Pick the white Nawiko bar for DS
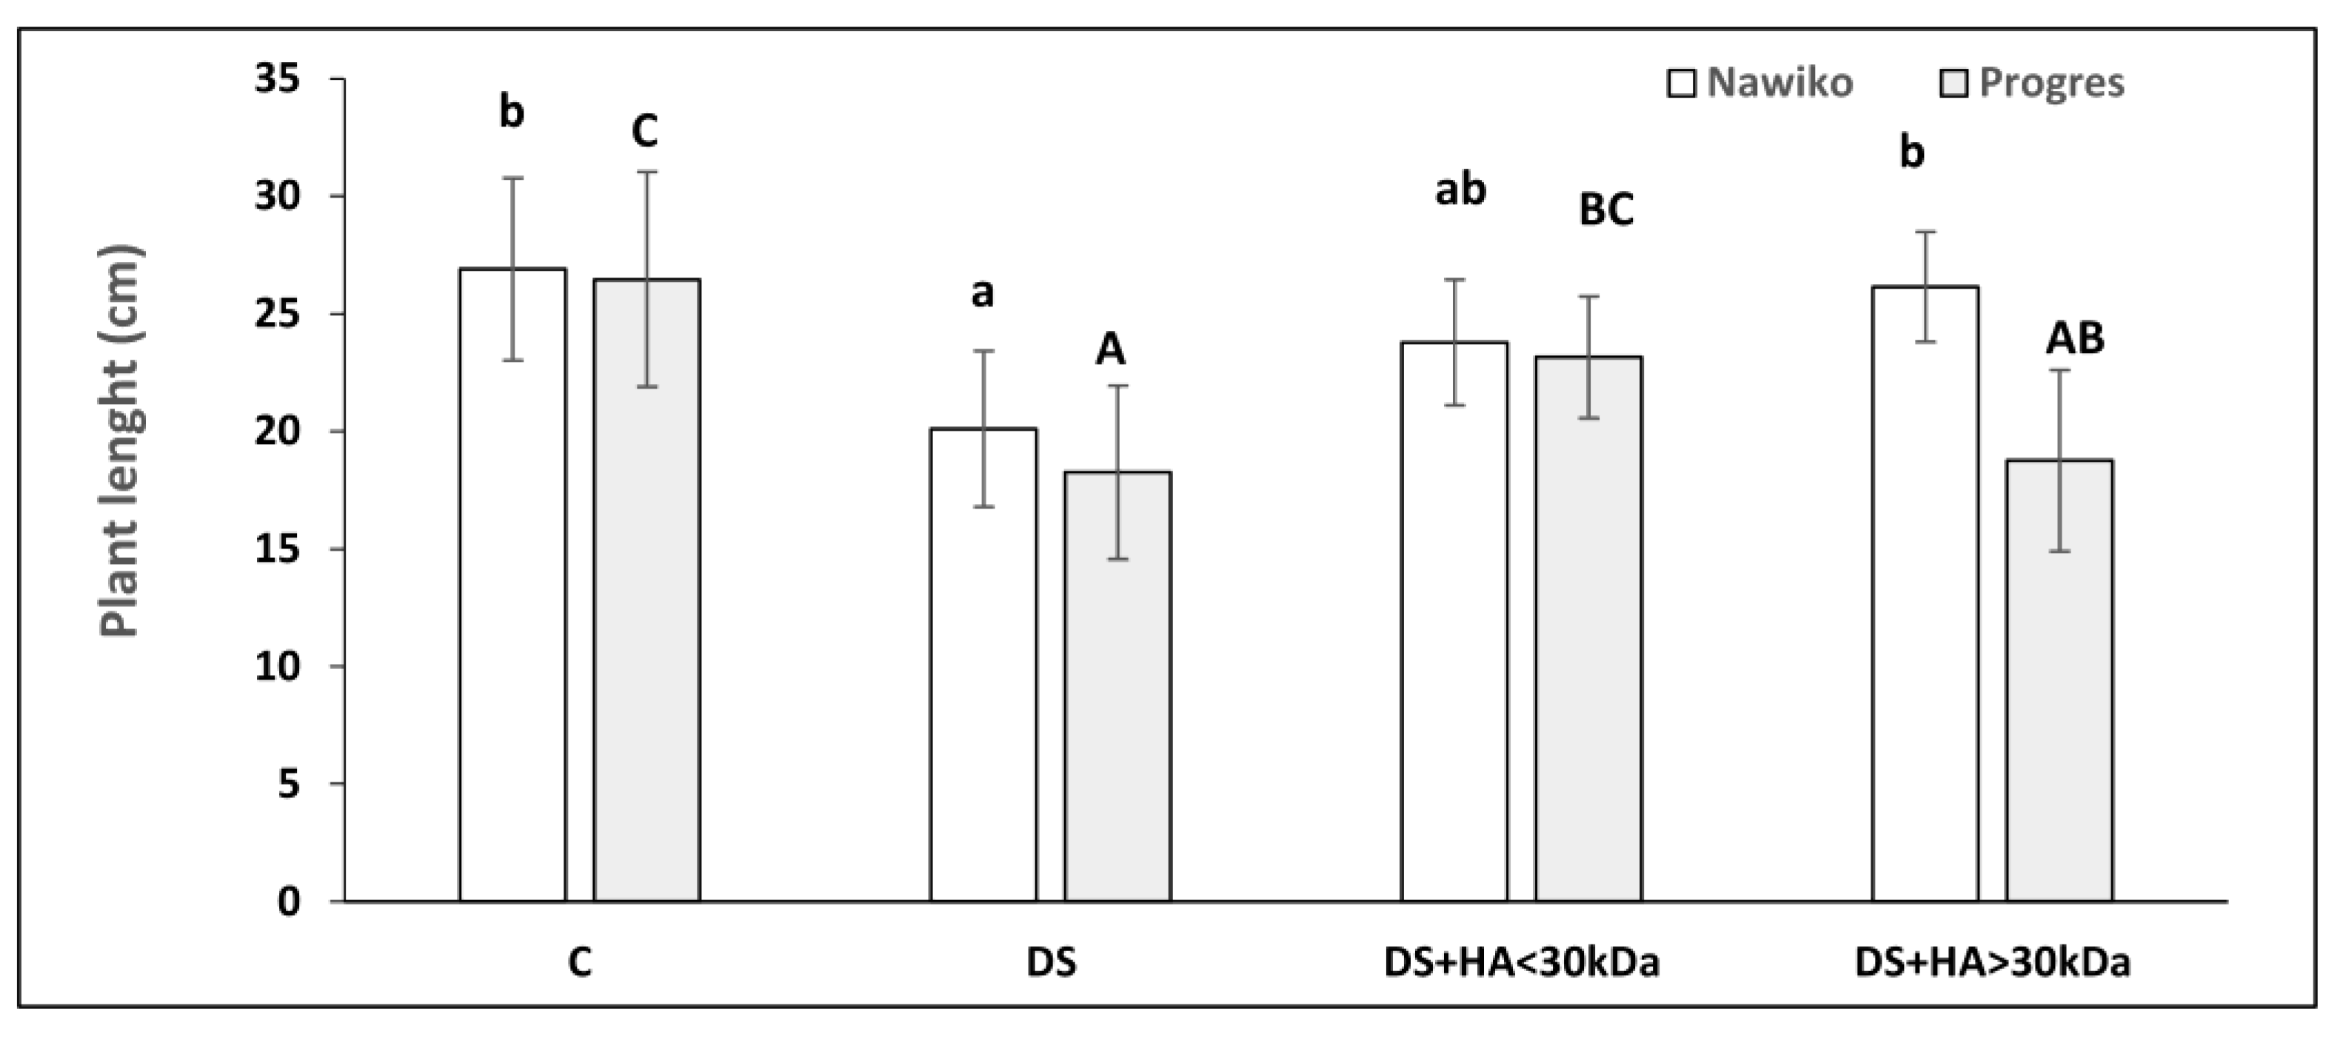pos(983,665)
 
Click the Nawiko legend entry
pos(1759,83)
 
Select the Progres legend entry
pos(2033,83)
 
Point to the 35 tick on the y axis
pos(277,79)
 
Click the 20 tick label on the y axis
pos(277,432)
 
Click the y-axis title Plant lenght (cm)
pos(120,442)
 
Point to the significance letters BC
pos(1606,209)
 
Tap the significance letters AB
pos(2076,339)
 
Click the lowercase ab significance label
pos(1461,190)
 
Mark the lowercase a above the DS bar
pos(983,293)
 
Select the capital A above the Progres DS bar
pos(1110,349)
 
